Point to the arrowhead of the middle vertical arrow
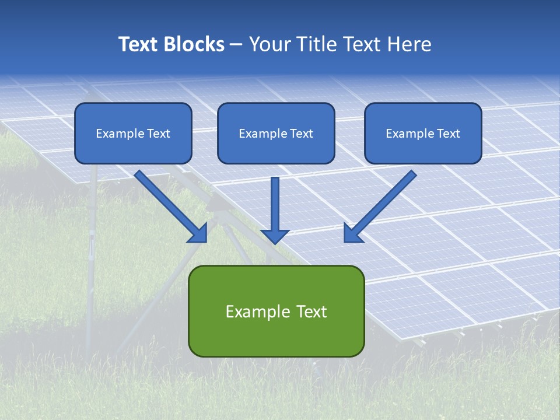click(275, 236)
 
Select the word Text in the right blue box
click(448, 134)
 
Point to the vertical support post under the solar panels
click(91, 257)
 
